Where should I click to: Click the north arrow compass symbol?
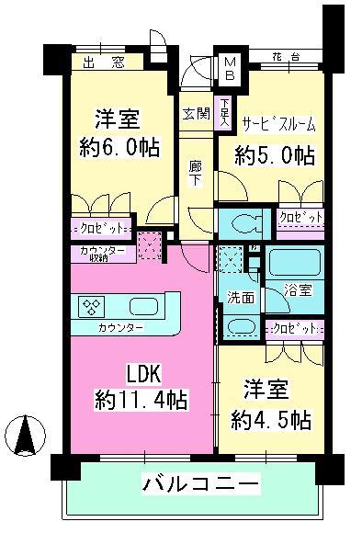[27, 435]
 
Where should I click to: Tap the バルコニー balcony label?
[199, 483]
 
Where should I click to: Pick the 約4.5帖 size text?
[269, 420]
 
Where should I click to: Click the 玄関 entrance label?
[194, 114]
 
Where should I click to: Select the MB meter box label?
[226, 69]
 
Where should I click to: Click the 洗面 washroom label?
[240, 298]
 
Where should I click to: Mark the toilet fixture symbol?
[243, 222]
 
